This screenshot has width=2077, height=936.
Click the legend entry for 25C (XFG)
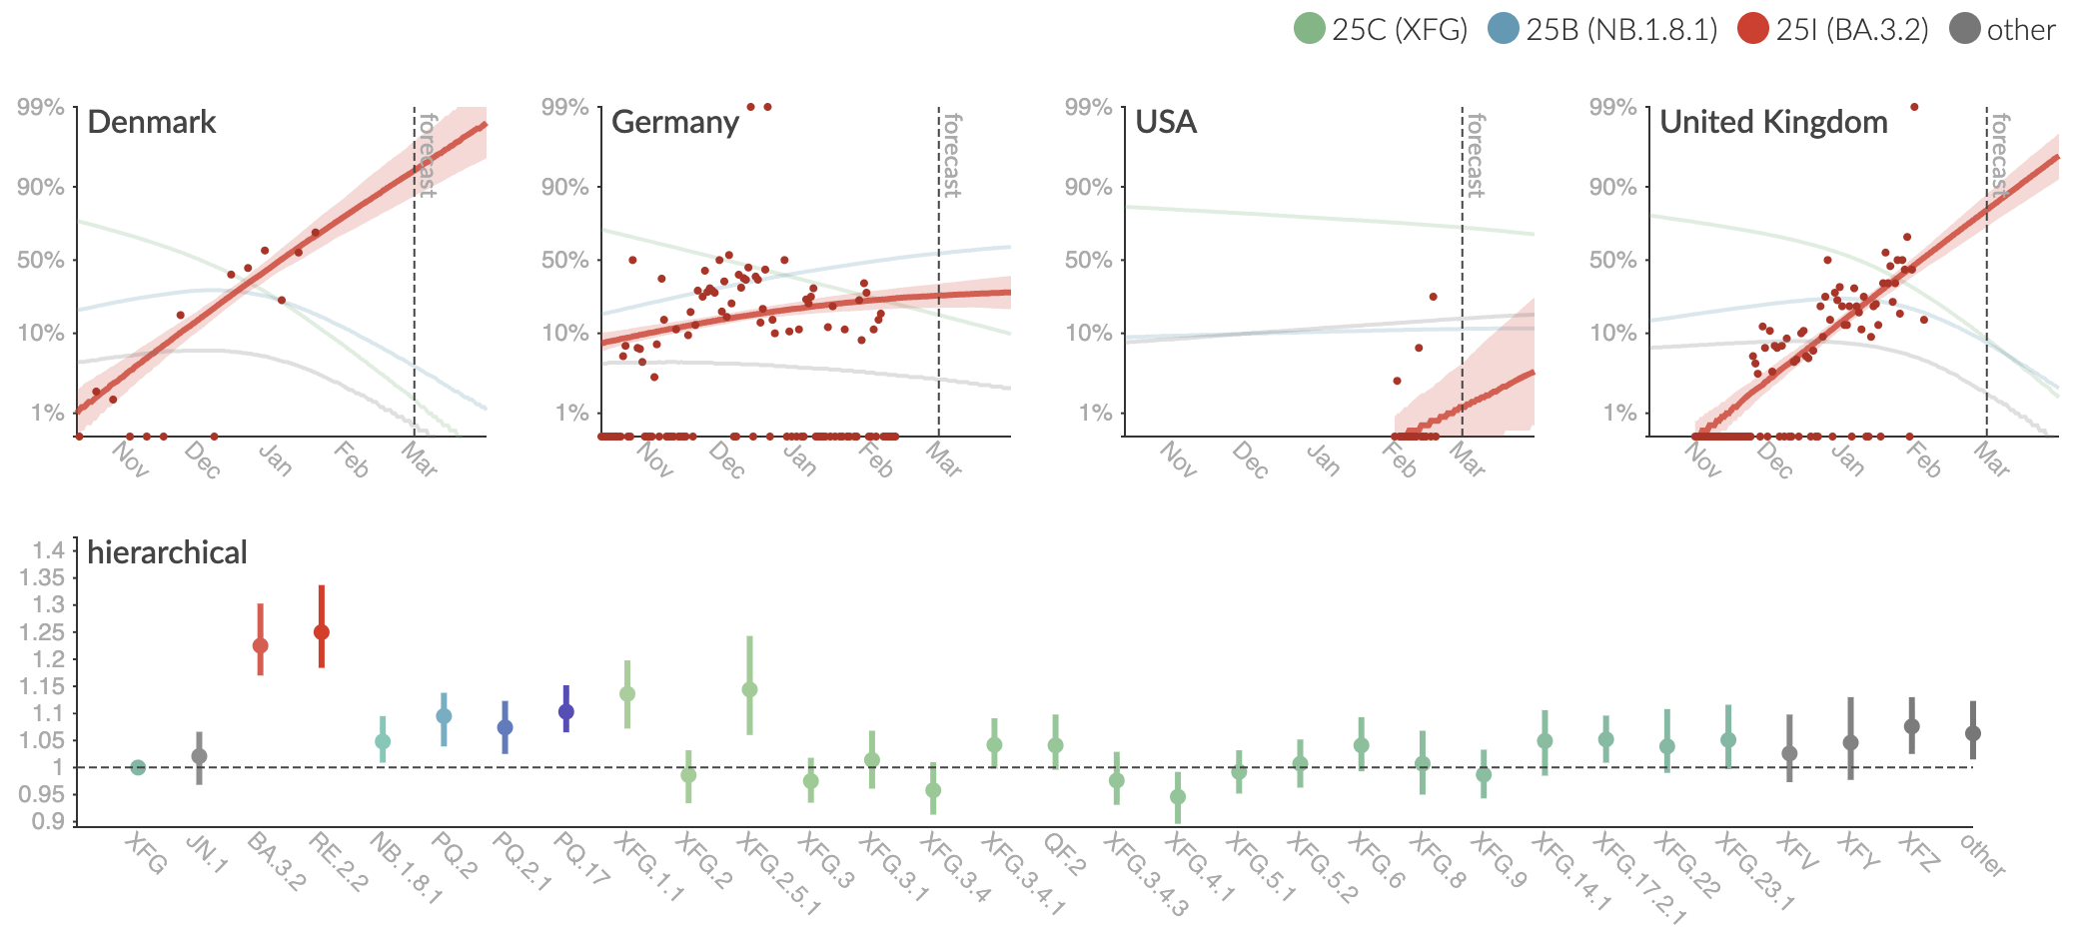[1380, 29]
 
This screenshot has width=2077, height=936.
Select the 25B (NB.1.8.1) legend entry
[1601, 29]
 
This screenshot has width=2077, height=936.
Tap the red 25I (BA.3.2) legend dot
[1753, 29]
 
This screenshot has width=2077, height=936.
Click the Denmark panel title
[152, 122]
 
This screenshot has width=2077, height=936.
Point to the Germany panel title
[675, 122]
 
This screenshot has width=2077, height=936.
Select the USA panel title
[1166, 122]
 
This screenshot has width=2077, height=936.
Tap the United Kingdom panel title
[1773, 122]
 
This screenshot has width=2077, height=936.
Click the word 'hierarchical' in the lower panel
[167, 552]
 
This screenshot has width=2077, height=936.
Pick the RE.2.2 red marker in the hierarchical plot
[322, 632]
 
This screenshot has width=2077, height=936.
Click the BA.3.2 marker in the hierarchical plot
[261, 645]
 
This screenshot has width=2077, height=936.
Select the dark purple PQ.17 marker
[566, 712]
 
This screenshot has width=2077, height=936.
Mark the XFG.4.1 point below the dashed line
[1178, 797]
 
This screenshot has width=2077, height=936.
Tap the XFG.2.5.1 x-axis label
[778, 875]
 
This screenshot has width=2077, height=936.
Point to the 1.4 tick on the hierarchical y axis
[48, 550]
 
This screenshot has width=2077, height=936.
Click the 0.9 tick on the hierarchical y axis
[48, 821]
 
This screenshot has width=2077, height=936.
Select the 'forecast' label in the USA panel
[1476, 155]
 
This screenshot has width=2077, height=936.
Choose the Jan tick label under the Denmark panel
[275, 460]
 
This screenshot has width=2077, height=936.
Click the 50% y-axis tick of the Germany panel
[564, 260]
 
